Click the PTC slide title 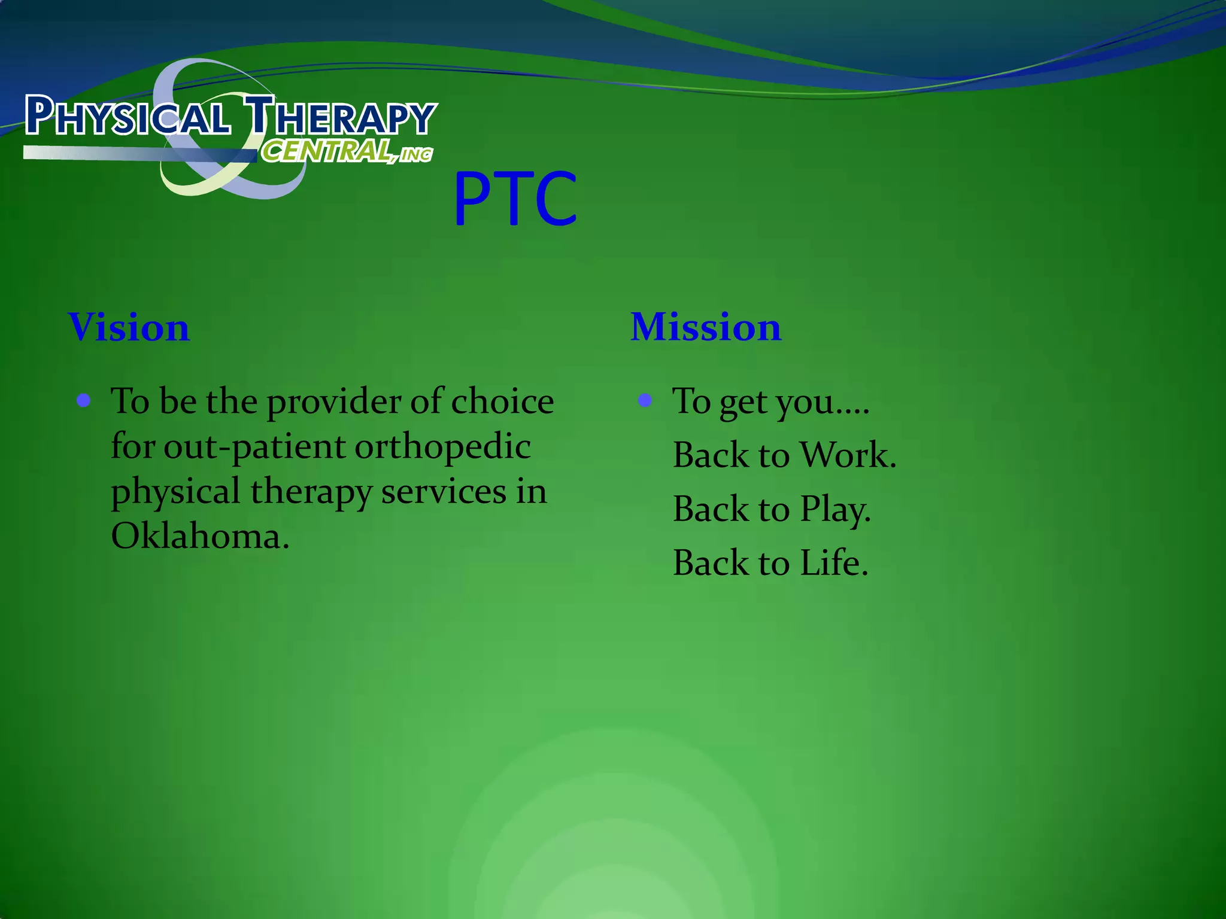tap(515, 199)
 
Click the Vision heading tap(129, 327)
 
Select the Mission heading tap(706, 327)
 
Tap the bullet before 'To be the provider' tap(84, 400)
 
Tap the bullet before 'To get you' tap(645, 400)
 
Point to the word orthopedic tap(442, 447)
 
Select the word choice tap(502, 401)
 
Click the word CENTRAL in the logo tap(327, 151)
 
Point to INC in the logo tap(416, 155)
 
